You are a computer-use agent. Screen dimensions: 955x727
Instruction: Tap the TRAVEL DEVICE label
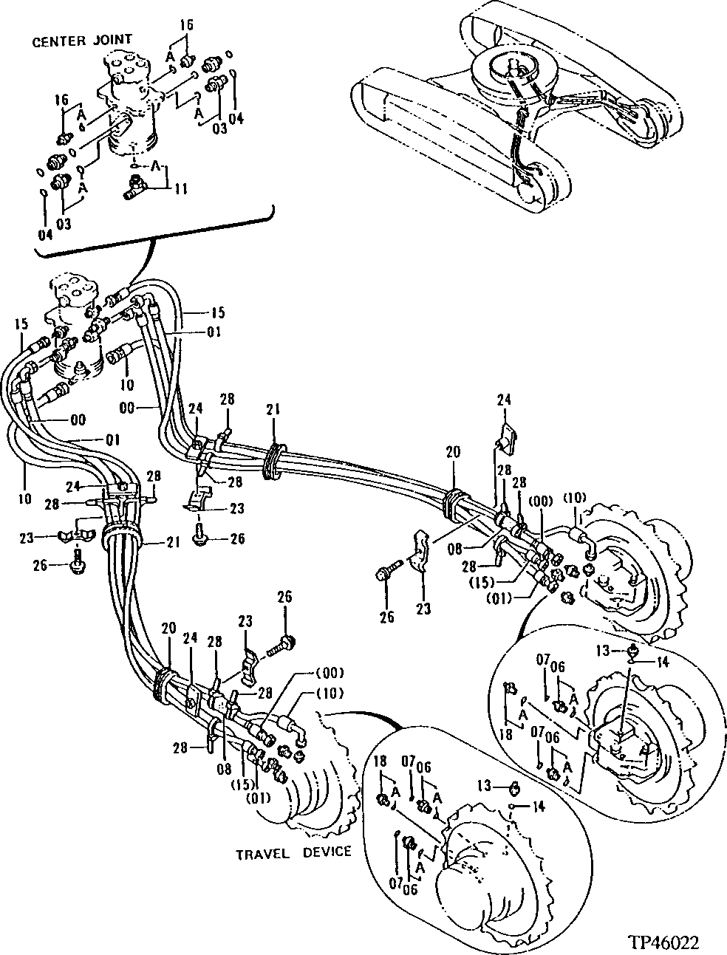pos(293,852)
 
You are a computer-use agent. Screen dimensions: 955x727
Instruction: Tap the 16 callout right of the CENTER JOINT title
pos(186,25)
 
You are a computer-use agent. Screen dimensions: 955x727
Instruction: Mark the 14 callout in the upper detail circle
pos(662,663)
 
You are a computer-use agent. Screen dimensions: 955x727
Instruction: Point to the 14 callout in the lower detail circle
pos(538,807)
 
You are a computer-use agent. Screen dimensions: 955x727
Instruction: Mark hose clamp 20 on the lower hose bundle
pos(164,681)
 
